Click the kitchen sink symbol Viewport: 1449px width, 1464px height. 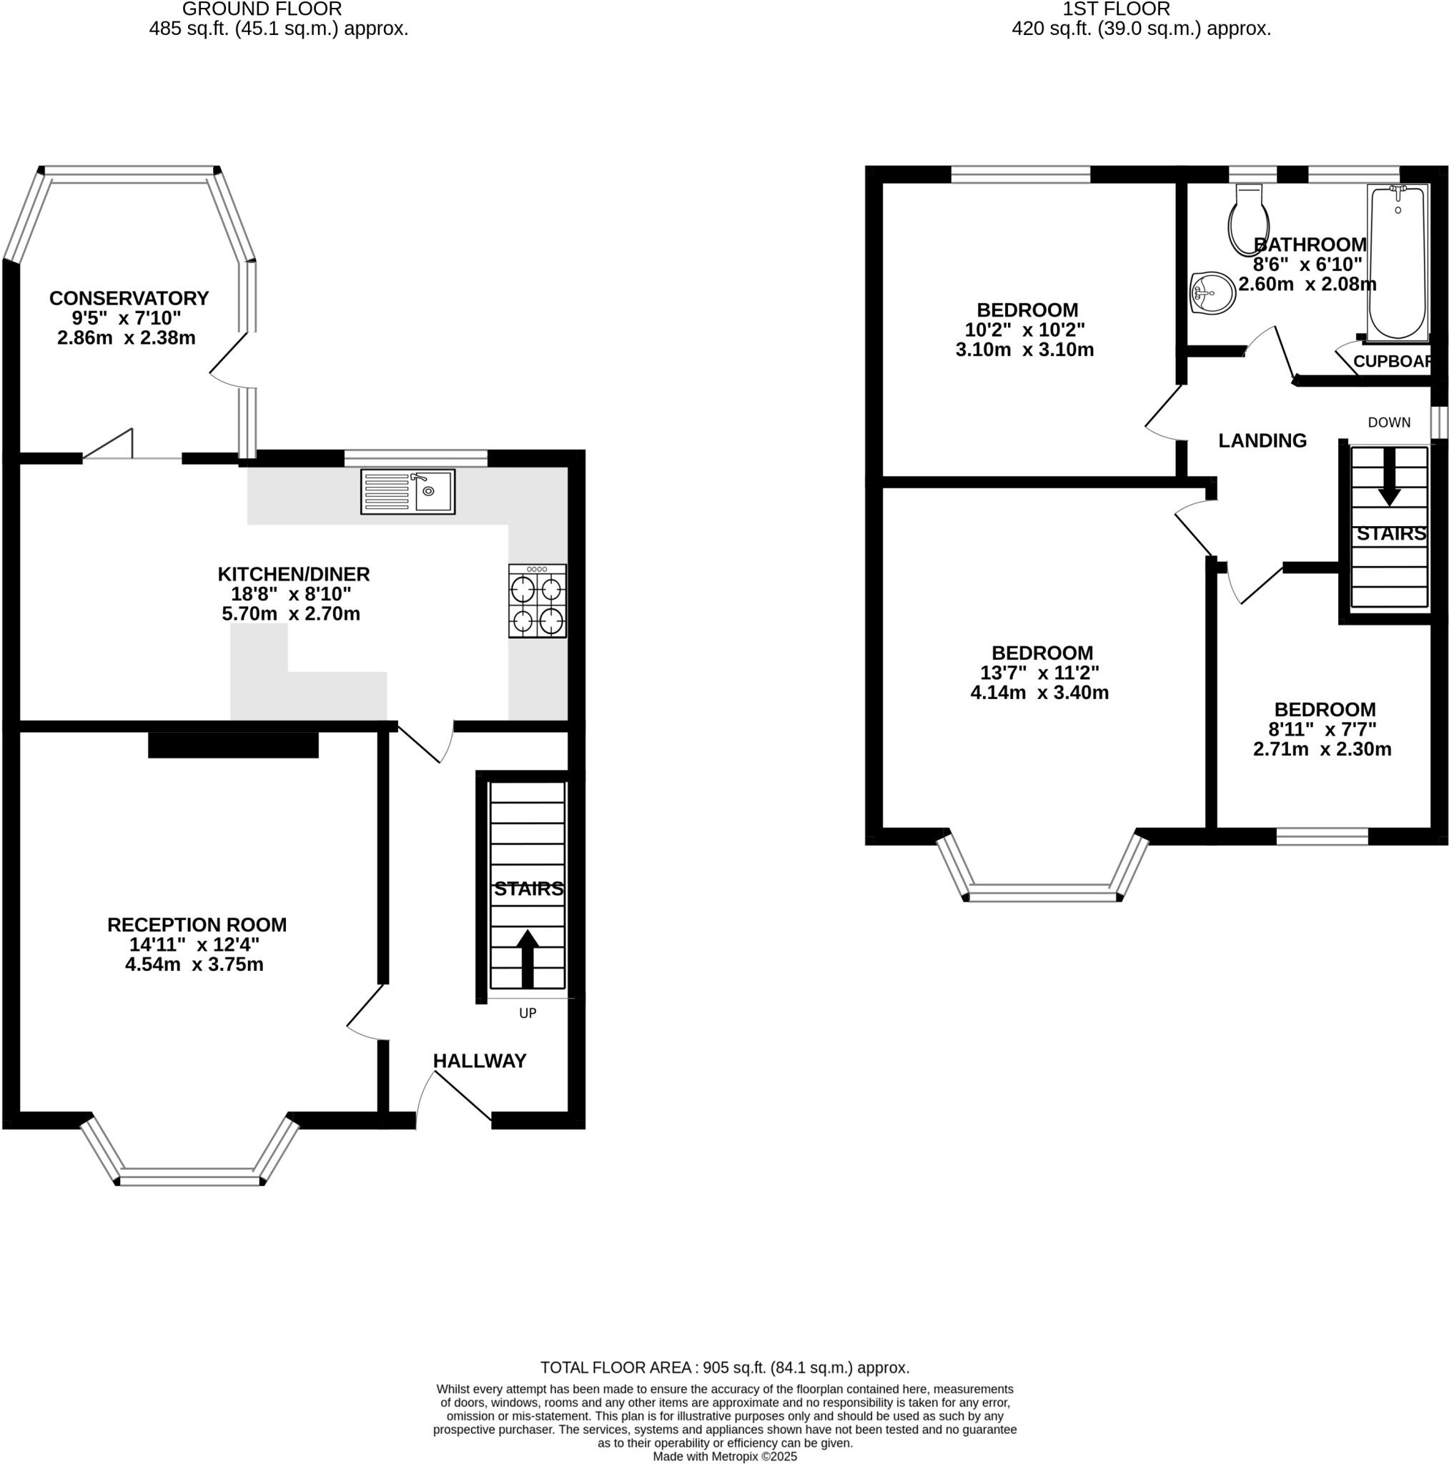(407, 492)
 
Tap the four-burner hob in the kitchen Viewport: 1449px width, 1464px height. (538, 601)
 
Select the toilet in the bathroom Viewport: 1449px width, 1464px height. (1247, 219)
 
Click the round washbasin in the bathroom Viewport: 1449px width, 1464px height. (1212, 292)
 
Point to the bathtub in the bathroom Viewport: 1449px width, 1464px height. (1398, 262)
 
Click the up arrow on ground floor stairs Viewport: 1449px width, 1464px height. (528, 958)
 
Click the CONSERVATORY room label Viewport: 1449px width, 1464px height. (129, 298)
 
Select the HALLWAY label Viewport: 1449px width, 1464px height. (479, 1061)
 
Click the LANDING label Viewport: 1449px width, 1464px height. (1262, 440)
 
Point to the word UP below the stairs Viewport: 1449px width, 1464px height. (528, 1013)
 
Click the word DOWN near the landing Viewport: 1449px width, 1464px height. (1389, 422)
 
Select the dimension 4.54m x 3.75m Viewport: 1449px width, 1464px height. (194, 964)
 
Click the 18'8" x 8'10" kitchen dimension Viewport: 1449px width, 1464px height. (292, 594)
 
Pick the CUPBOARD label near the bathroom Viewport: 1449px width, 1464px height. (1392, 362)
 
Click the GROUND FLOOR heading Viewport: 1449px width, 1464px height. (262, 9)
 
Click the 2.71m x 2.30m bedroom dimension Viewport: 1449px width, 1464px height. (1322, 749)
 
